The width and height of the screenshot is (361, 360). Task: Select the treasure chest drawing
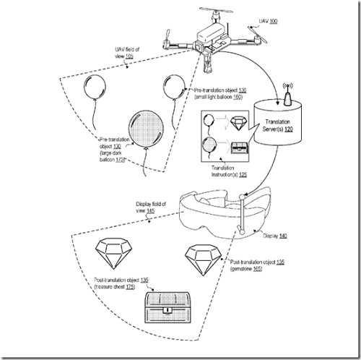click(x=166, y=308)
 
